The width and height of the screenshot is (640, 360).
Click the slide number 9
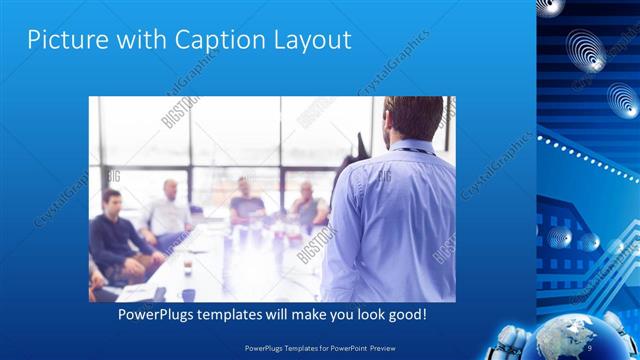590,346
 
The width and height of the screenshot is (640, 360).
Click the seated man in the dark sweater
116,235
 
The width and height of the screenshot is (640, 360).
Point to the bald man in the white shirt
170,212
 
